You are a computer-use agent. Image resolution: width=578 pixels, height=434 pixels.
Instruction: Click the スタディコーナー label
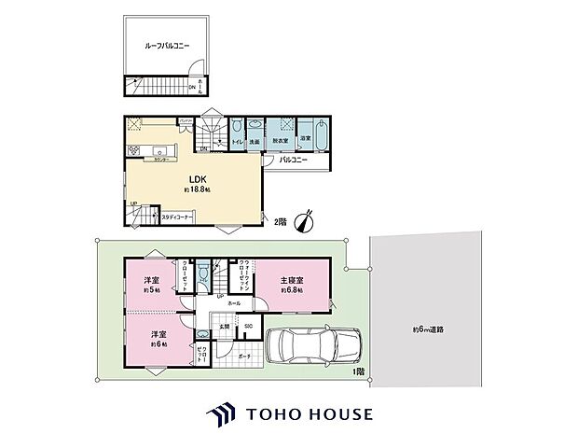[x=176, y=217]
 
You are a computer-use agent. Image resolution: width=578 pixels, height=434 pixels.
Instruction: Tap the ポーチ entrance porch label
[x=245, y=356]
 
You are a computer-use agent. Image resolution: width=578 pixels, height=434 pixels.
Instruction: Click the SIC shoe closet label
[x=249, y=325]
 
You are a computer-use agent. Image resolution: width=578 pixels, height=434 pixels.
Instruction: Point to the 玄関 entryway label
[x=225, y=325]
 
